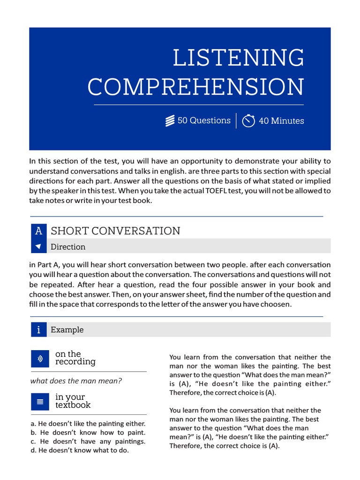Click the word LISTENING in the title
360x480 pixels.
coord(238,58)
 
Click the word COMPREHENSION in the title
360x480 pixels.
coord(195,87)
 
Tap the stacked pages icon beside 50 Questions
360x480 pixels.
coord(170,121)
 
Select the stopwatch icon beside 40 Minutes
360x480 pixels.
coord(248,121)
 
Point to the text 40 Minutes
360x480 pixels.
coord(281,121)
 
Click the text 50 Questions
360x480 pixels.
coord(204,120)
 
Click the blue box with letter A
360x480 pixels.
coord(38,231)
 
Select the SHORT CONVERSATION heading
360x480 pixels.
coord(115,231)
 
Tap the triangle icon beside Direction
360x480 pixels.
coord(38,247)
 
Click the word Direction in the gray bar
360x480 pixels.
coord(68,247)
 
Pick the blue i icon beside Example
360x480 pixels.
coord(38,330)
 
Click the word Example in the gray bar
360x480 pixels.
coord(67,330)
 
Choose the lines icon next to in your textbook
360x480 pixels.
coord(40,402)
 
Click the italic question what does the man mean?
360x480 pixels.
coord(76,381)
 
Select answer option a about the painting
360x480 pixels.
coord(88,424)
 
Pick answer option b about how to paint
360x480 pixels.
coord(88,433)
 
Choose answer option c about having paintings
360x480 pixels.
coord(88,442)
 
